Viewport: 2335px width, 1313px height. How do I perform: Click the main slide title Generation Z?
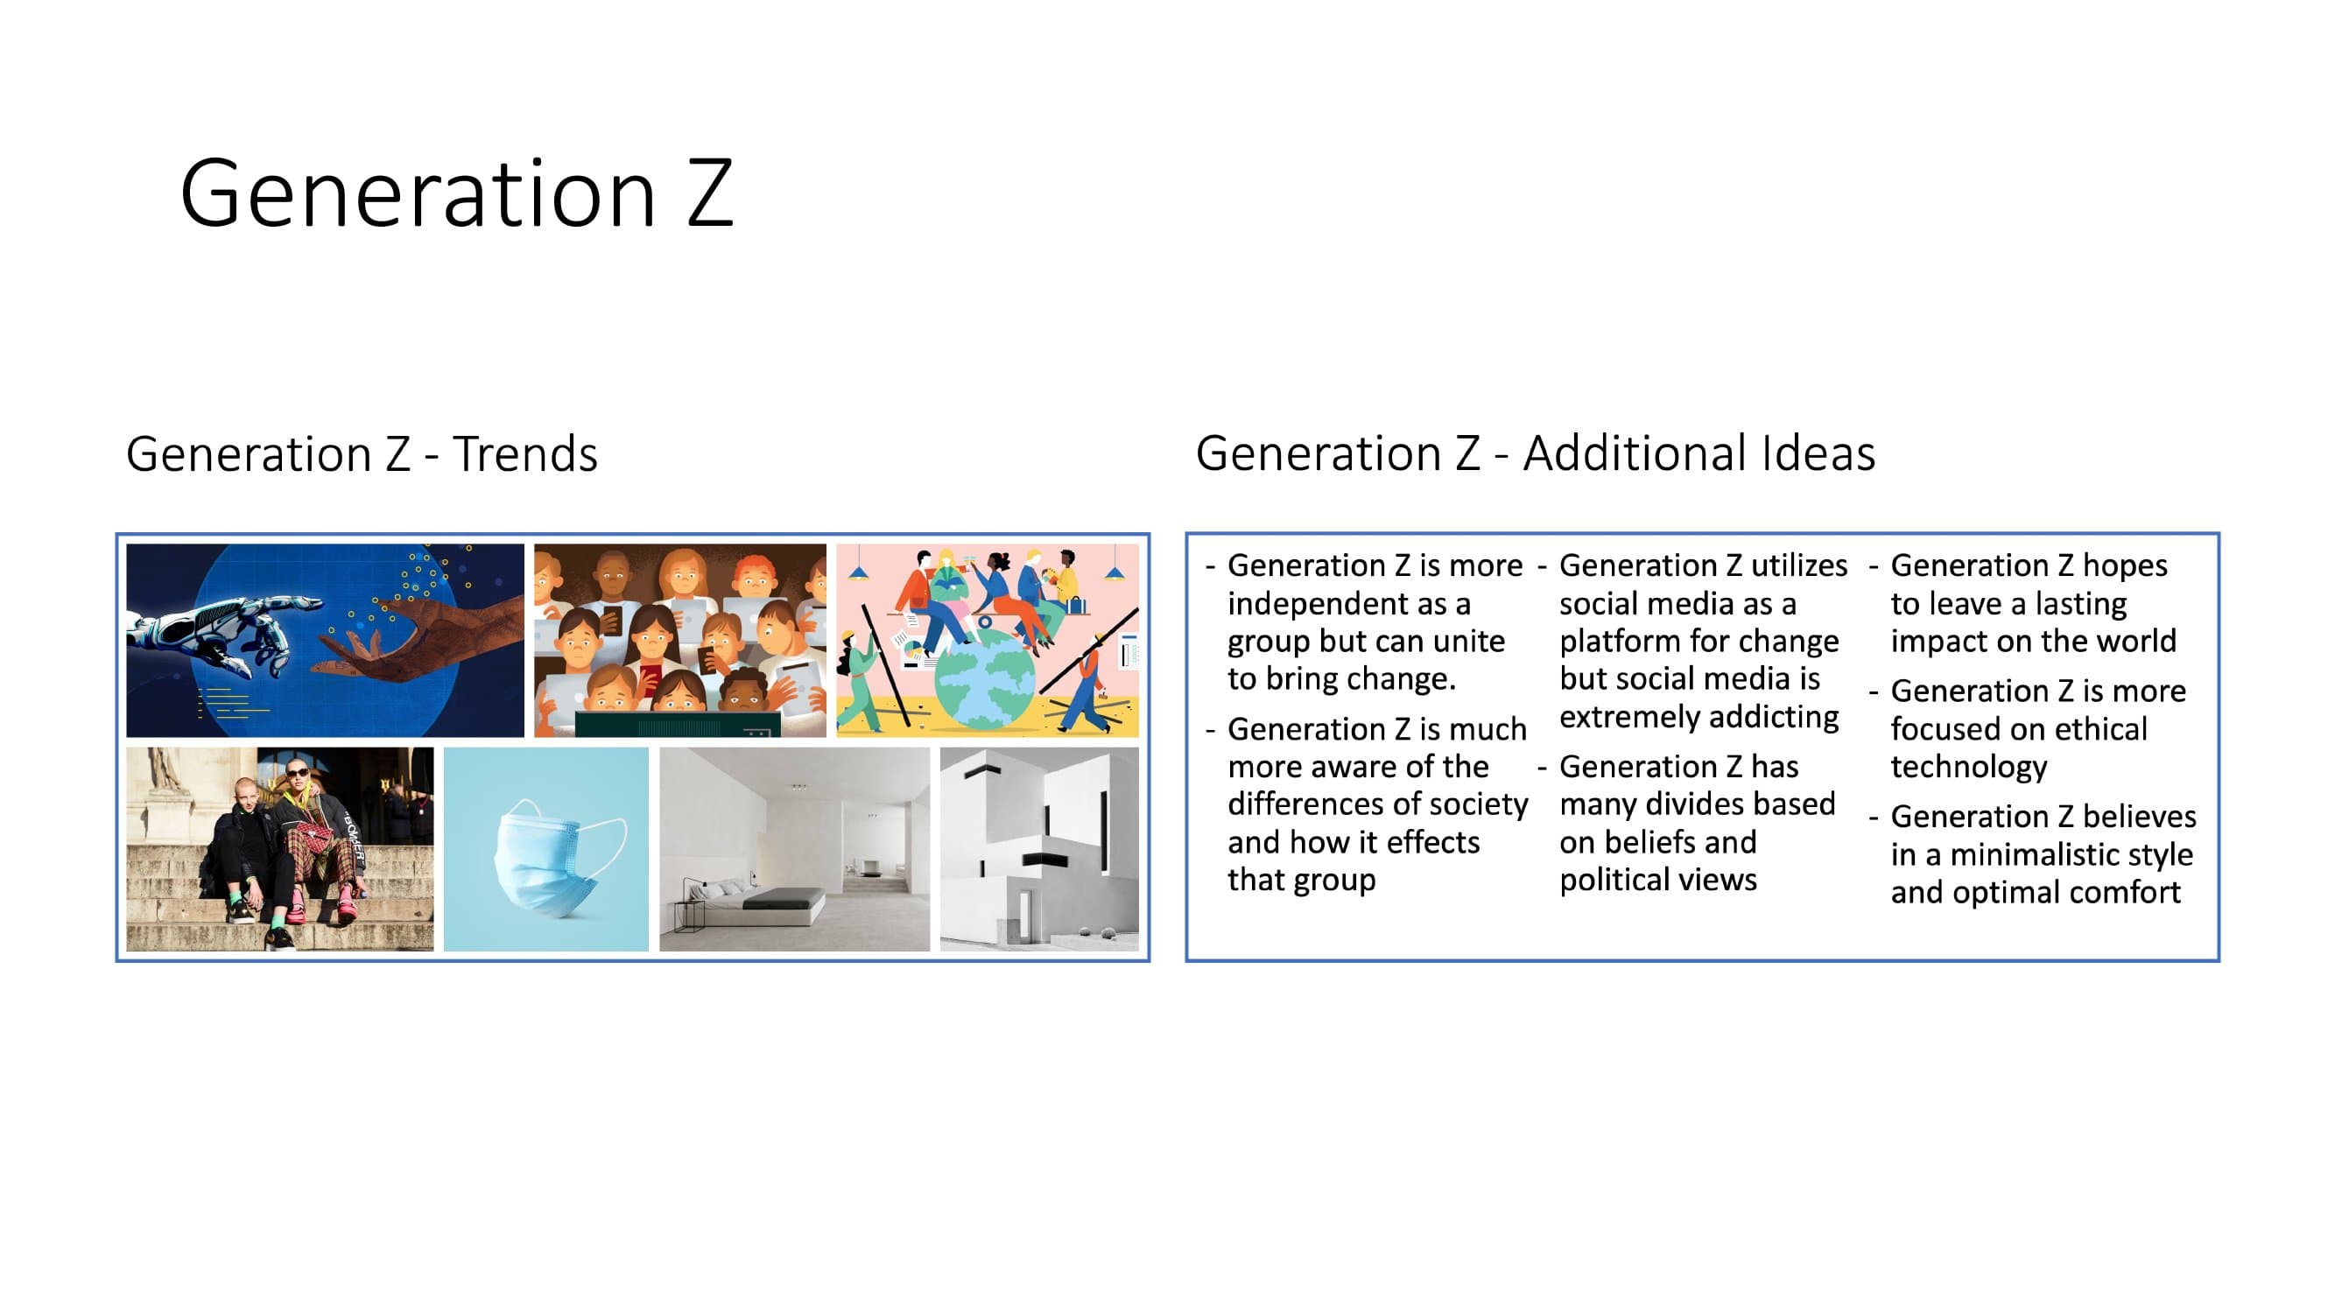point(456,193)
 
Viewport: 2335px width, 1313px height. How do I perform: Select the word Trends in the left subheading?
point(524,454)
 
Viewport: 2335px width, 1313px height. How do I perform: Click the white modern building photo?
point(1038,849)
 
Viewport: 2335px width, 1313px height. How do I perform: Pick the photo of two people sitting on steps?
point(280,849)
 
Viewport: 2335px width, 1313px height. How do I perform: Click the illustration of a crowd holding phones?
point(679,640)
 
